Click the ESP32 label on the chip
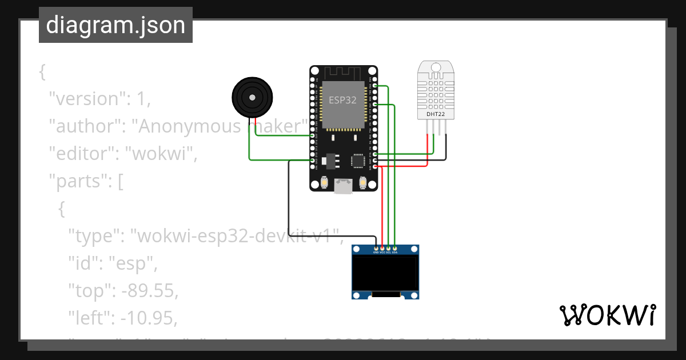pos(342,100)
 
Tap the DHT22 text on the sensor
pos(436,114)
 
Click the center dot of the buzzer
pos(251,97)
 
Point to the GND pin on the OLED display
pos(376,250)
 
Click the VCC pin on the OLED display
pos(382,250)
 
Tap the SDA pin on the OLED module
pos(395,250)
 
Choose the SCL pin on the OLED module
pos(389,250)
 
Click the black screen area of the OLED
pos(385,273)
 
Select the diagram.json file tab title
pos(115,26)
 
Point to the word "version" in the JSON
pos(86,99)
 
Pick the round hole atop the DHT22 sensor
pos(436,67)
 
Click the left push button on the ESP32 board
pos(324,183)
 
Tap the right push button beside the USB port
pos(362,183)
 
